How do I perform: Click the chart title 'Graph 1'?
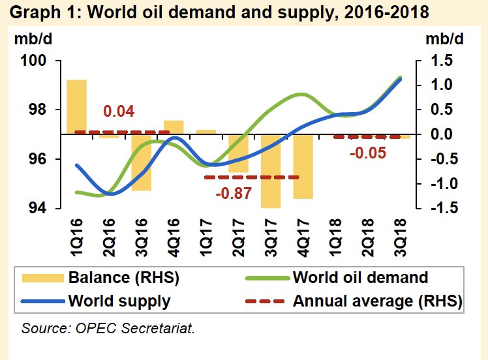point(215,12)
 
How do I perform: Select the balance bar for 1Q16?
point(76,106)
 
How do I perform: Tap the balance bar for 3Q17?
point(271,171)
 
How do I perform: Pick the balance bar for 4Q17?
point(303,166)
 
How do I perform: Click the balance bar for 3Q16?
point(141,162)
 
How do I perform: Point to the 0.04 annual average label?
point(119,112)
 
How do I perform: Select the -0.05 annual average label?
point(368,153)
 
